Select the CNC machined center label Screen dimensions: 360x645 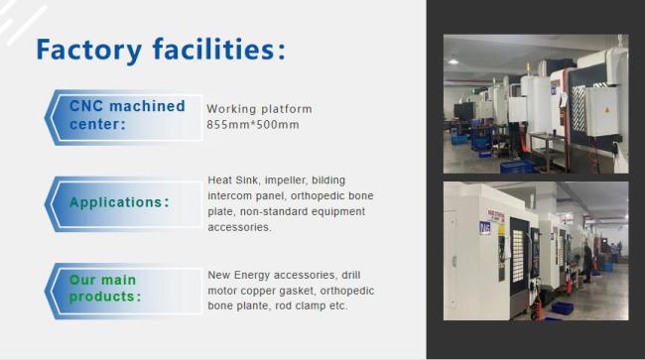pyautogui.click(x=125, y=115)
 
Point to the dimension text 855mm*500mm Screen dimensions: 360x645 pyautogui.click(x=253, y=125)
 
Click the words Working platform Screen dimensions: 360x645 pyautogui.click(x=260, y=109)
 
